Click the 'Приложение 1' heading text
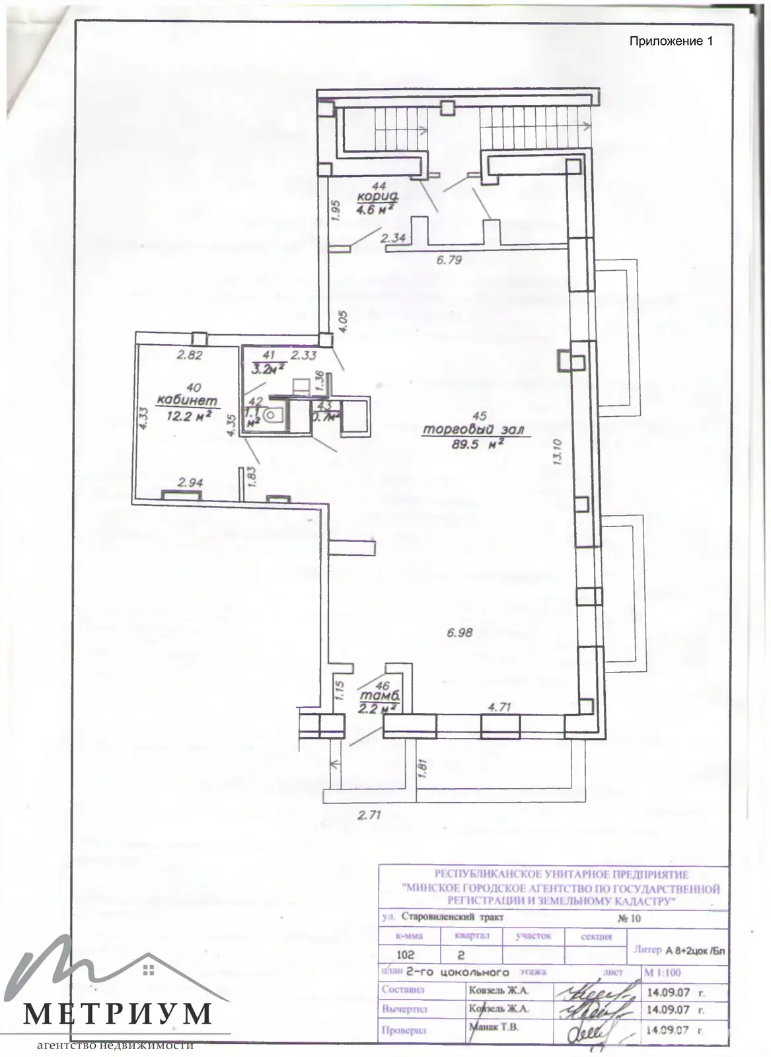pos(671,42)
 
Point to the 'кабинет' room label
pos(186,400)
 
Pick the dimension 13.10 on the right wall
pos(556,453)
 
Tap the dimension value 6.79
pos(449,260)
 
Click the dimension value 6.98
pos(460,632)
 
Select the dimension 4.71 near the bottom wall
pos(499,706)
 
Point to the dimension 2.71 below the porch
pos(370,815)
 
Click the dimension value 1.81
pos(423,769)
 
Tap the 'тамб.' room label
pos(378,696)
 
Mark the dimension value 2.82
pos(188,355)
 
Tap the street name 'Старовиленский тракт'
pos(457,918)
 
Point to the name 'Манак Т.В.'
pos(494,1027)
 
